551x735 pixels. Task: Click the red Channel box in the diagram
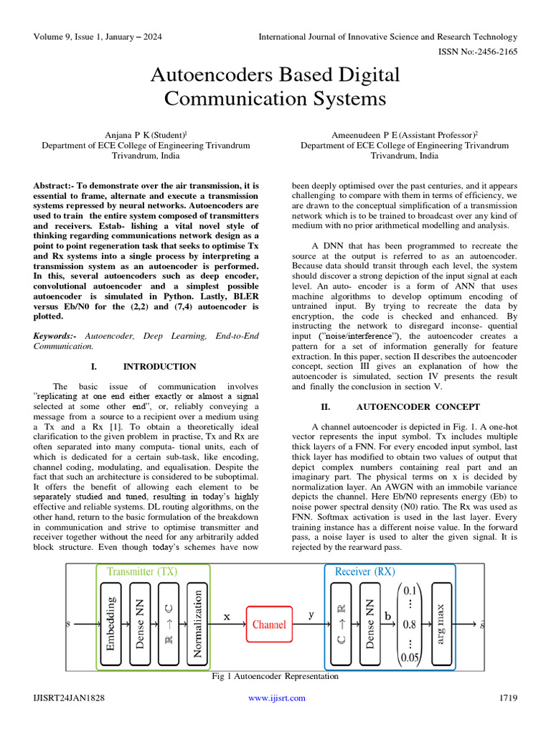(x=269, y=624)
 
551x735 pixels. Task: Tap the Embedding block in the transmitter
(x=110, y=624)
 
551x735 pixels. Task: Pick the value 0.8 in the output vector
(x=410, y=624)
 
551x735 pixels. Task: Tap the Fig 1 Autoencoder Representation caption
(x=275, y=676)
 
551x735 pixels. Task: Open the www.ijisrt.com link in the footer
(x=276, y=698)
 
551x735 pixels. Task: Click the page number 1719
(x=507, y=698)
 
